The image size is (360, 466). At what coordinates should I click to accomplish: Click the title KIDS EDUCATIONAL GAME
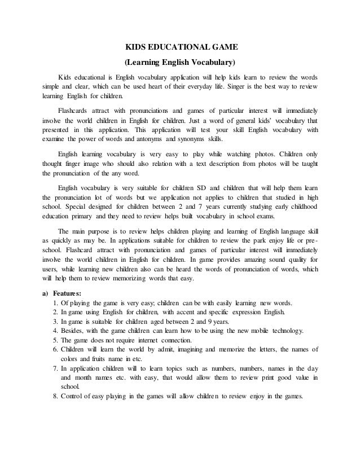(x=179, y=48)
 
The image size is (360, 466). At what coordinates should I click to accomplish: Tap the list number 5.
(x=54, y=341)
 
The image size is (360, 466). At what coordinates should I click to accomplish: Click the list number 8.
(x=54, y=395)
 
